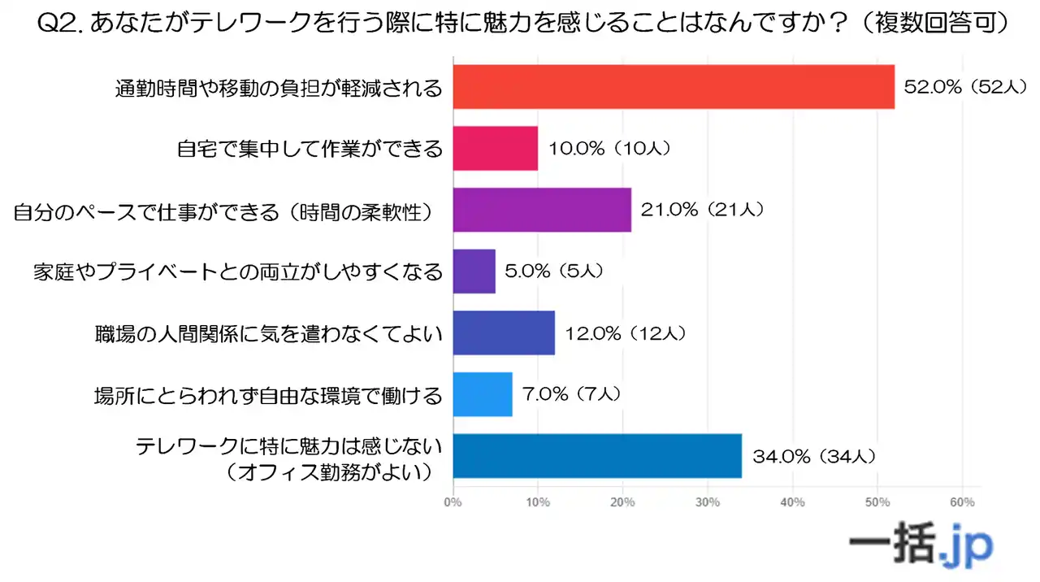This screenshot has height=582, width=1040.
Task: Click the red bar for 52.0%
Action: click(673, 87)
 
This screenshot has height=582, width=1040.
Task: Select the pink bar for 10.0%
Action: click(495, 148)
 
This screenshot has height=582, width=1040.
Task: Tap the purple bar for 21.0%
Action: click(542, 210)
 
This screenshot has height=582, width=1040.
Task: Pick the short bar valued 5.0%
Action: click(474, 271)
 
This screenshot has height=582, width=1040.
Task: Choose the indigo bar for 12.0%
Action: click(504, 332)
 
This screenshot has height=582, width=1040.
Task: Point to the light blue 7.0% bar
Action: click(483, 394)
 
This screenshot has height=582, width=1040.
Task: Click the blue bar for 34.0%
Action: click(597, 456)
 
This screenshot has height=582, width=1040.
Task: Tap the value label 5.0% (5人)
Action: click(555, 271)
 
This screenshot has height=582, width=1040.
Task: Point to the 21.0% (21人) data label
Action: click(701, 210)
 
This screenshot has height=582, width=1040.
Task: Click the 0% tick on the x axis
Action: click(453, 502)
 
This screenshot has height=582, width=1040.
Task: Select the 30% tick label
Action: click(708, 502)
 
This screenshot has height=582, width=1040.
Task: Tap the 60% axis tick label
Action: click(962, 502)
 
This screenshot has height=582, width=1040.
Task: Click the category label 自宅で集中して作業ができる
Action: click(310, 149)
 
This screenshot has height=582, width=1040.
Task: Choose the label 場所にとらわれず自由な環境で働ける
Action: click(268, 395)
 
